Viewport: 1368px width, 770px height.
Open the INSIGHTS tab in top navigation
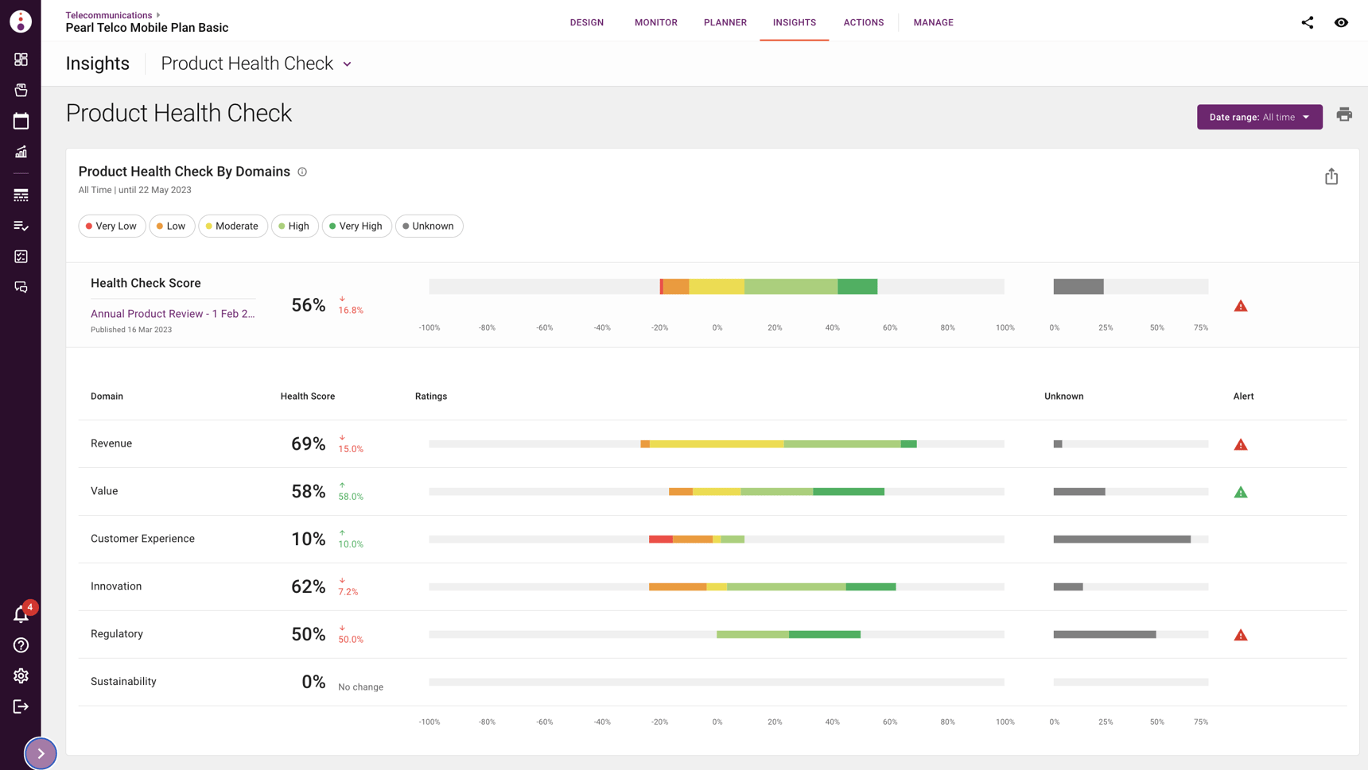click(x=794, y=22)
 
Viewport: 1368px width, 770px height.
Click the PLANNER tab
click(x=725, y=22)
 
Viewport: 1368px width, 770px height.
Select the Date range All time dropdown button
click(x=1259, y=117)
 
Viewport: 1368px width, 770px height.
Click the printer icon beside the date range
click(x=1344, y=115)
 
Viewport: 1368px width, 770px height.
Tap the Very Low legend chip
click(x=112, y=226)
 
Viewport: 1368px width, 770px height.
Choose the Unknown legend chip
click(x=429, y=226)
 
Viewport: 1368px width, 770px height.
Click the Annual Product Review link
click(x=173, y=314)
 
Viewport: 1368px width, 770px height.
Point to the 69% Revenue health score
click(x=308, y=444)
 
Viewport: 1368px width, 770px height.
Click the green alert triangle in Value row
click(x=1240, y=493)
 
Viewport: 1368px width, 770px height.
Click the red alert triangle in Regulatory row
click(x=1240, y=636)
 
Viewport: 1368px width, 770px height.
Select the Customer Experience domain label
click(x=142, y=539)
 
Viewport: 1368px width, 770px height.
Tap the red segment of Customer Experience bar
click(x=660, y=540)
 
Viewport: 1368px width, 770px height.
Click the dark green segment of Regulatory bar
click(x=824, y=635)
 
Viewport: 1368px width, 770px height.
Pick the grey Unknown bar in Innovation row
click(x=1067, y=587)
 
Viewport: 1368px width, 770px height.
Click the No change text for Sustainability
click(x=360, y=687)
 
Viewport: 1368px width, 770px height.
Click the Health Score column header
click(x=307, y=397)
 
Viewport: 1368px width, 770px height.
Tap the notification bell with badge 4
click(x=21, y=614)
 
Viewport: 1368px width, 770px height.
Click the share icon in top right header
click(x=1307, y=22)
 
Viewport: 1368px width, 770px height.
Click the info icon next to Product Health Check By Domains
click(x=302, y=172)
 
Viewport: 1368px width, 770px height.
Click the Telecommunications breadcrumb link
click(x=108, y=15)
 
